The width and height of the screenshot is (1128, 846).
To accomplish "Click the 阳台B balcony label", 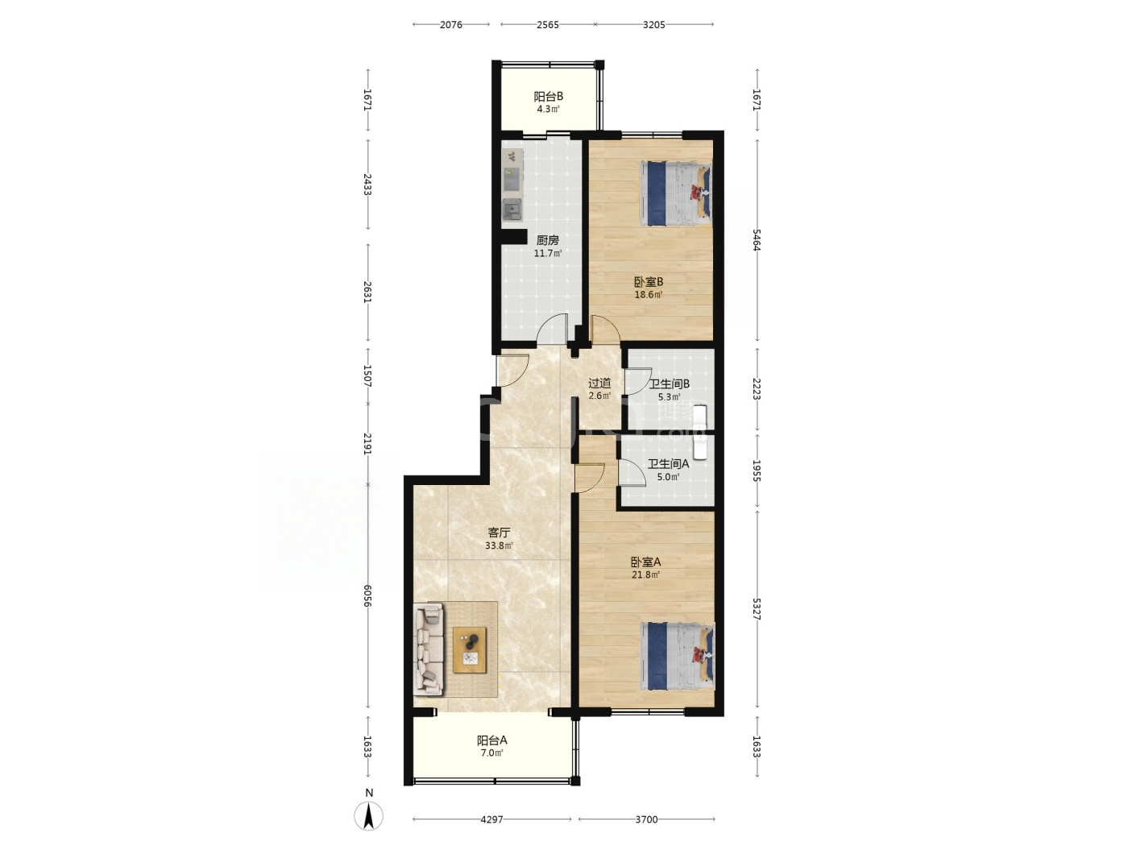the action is (x=549, y=97).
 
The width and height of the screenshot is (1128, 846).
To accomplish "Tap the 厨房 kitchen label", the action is (x=547, y=240).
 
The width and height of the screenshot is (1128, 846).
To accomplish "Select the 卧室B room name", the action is (x=649, y=282).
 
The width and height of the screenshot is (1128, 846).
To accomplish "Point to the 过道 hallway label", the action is (x=599, y=384).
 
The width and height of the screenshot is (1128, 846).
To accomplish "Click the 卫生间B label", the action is (x=669, y=384).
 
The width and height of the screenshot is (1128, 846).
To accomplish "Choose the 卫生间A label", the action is (x=668, y=464).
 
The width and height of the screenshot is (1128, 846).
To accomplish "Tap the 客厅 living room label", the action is (x=499, y=533).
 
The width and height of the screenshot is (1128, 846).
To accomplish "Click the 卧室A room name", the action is (x=646, y=562).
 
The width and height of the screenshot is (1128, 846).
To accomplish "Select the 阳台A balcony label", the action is (x=491, y=740).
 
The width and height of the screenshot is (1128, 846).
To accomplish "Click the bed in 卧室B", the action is (x=676, y=193).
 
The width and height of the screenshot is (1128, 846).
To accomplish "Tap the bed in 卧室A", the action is (x=678, y=656).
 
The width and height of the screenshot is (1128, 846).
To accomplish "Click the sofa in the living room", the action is (x=429, y=649).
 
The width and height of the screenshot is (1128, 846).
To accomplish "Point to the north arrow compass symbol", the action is (x=368, y=815).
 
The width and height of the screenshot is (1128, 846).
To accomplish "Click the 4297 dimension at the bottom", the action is (x=491, y=819).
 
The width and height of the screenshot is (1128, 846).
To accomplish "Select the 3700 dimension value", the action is (x=646, y=819).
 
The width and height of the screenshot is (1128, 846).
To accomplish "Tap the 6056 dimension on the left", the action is (x=367, y=595).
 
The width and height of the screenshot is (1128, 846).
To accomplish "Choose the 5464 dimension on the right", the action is (x=757, y=239).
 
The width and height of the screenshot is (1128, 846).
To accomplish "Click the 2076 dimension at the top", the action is (x=451, y=25).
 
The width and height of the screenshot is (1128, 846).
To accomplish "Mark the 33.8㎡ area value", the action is (x=499, y=545).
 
